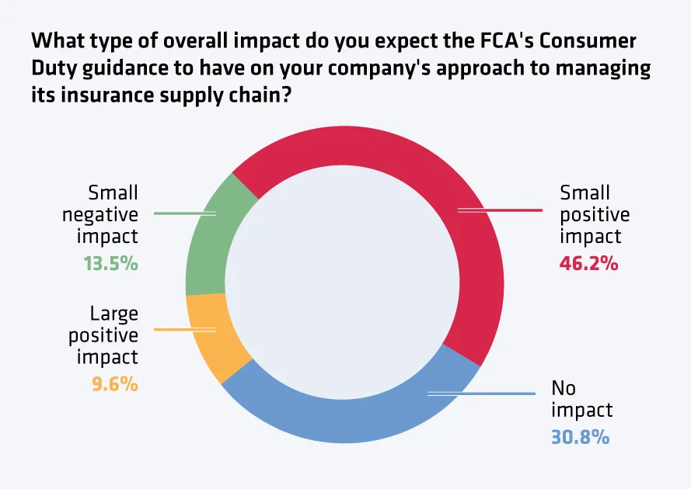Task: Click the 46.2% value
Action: coord(588,263)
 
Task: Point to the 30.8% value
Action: coord(580,437)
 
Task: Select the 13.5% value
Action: coord(110,263)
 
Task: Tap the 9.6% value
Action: coord(115,383)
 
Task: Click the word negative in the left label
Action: coord(100,214)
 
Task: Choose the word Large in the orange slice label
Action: coord(114,314)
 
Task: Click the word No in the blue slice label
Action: coord(564,387)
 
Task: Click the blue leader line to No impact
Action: coord(482,394)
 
